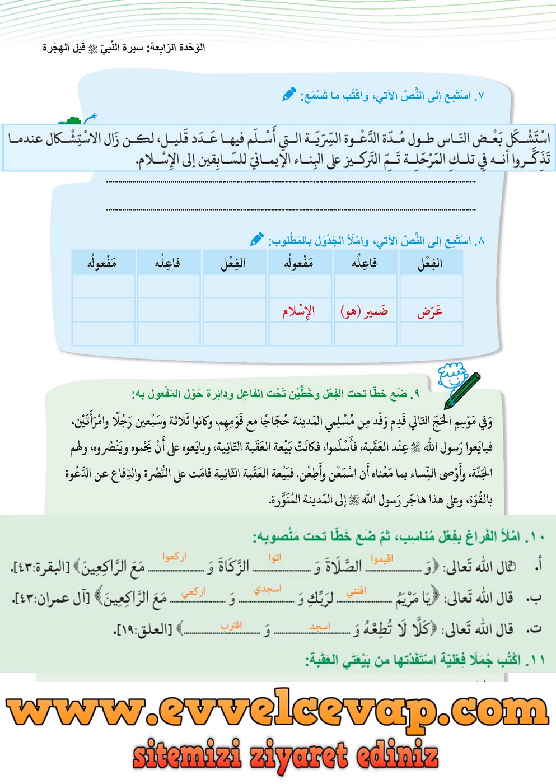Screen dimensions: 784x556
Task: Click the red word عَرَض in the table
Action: pos(429,311)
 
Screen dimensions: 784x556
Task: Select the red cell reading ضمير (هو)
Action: pos(365,311)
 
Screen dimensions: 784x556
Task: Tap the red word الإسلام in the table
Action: pos(298,311)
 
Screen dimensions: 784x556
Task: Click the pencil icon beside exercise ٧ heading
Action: pos(289,94)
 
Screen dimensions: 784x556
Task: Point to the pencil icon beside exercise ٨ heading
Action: pos(256,240)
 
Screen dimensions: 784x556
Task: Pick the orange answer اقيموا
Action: pos(382,559)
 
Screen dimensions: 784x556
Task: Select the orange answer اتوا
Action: pos(274,558)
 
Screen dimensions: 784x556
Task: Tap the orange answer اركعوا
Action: pos(174,557)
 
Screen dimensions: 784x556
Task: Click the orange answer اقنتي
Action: pos(356,591)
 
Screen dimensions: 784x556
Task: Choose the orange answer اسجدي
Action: pos(268,589)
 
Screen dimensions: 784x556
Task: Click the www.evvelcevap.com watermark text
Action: pos(278,711)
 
